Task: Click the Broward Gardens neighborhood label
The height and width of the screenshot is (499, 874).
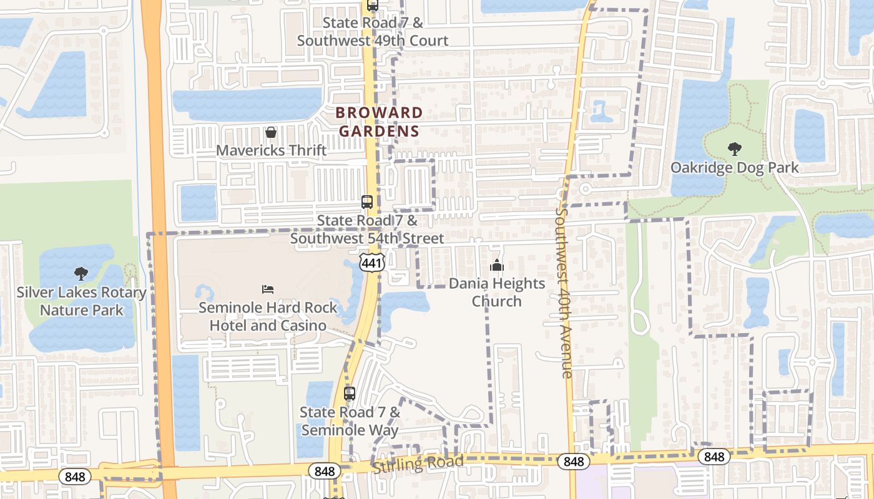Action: pyautogui.click(x=379, y=122)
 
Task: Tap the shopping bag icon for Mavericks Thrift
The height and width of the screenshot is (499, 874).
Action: pyautogui.click(x=271, y=132)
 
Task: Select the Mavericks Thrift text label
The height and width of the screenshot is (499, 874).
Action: pyautogui.click(x=271, y=150)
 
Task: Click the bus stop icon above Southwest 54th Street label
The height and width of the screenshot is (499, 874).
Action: pyautogui.click(x=367, y=202)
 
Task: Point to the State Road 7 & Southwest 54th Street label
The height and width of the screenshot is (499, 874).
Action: pyautogui.click(x=367, y=230)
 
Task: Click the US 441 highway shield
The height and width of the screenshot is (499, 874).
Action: pyautogui.click(x=371, y=263)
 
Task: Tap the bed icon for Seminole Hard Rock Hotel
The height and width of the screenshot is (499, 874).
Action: pyautogui.click(x=268, y=289)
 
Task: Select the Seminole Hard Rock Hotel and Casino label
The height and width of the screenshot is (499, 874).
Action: pyautogui.click(x=268, y=316)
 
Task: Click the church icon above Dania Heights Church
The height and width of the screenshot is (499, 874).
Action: pyautogui.click(x=497, y=266)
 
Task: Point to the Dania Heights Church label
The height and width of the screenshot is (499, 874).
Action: pyautogui.click(x=497, y=293)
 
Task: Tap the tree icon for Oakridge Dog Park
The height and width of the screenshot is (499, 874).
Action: pyautogui.click(x=734, y=149)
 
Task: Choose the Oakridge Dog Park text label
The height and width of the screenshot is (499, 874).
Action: pyautogui.click(x=734, y=167)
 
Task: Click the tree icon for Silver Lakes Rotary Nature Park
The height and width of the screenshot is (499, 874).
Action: pyautogui.click(x=81, y=273)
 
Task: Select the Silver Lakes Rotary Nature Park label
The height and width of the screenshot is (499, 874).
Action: pyautogui.click(x=81, y=301)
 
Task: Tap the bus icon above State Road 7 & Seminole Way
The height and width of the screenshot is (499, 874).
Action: pyautogui.click(x=350, y=394)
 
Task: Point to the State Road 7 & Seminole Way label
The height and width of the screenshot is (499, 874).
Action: pyautogui.click(x=350, y=421)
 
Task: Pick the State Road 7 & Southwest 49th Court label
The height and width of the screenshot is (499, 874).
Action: pyautogui.click(x=373, y=32)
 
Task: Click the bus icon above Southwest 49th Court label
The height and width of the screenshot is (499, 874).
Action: pyautogui.click(x=373, y=6)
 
